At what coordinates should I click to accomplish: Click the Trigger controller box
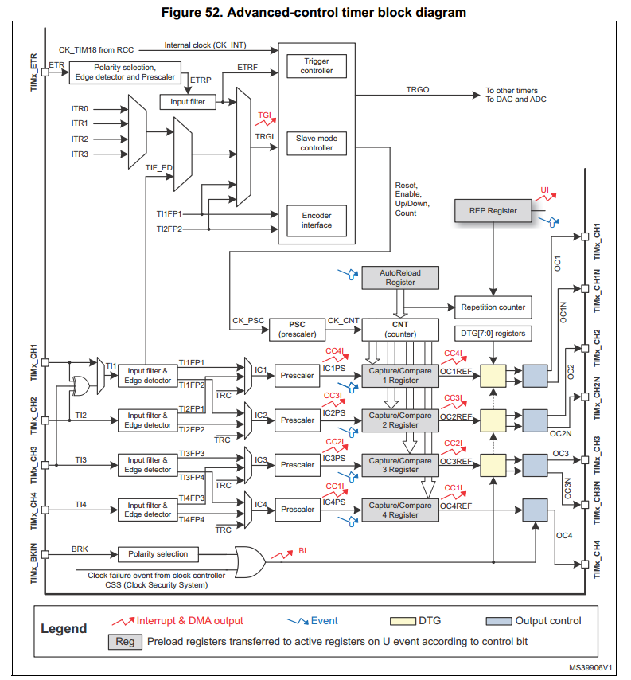(x=317, y=66)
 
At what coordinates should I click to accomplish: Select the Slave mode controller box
(x=317, y=143)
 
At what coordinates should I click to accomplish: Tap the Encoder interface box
(x=317, y=221)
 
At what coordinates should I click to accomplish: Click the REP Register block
(x=493, y=211)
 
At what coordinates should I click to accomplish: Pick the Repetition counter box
(x=493, y=307)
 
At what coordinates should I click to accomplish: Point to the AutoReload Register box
(x=400, y=278)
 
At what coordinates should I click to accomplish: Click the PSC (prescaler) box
(x=297, y=330)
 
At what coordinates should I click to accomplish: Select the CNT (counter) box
(x=400, y=330)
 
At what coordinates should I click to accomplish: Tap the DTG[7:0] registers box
(x=493, y=334)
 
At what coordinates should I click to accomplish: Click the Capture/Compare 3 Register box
(x=400, y=465)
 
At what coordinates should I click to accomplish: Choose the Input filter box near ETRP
(x=188, y=102)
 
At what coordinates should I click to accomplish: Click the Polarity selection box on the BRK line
(x=158, y=554)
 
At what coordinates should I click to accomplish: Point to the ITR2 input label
(x=80, y=139)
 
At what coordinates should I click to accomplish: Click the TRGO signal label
(x=418, y=89)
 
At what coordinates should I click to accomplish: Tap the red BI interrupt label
(x=302, y=551)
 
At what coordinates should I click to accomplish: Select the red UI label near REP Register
(x=545, y=190)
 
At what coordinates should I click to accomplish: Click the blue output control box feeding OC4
(x=535, y=510)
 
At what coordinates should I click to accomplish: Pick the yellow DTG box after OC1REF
(x=493, y=376)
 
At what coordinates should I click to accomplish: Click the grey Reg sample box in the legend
(x=125, y=642)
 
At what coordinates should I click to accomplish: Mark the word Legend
(x=64, y=628)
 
